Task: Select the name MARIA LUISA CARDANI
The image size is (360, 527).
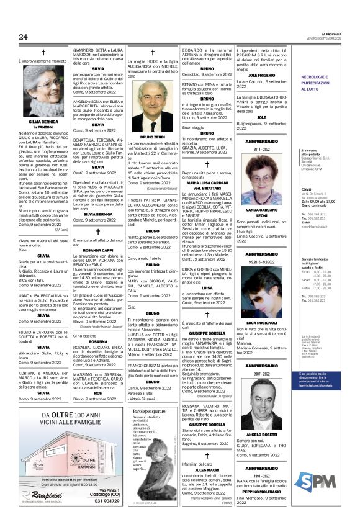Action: (207, 182)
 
